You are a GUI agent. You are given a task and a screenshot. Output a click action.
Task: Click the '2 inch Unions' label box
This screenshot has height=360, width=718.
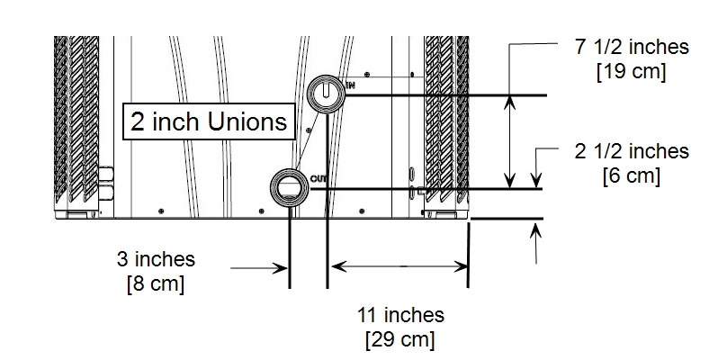(209, 121)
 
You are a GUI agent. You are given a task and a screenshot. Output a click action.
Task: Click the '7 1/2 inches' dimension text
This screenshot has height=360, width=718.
(632, 48)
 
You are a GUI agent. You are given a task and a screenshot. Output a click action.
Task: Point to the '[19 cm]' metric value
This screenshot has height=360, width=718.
(632, 72)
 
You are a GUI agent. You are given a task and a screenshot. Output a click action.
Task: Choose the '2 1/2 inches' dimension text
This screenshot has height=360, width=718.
(632, 151)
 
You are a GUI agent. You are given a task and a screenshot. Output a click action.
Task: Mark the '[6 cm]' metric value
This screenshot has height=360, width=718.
(632, 175)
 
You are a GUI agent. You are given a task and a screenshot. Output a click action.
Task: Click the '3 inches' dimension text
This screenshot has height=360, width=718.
(156, 259)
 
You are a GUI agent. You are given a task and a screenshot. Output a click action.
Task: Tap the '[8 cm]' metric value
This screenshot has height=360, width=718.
(156, 284)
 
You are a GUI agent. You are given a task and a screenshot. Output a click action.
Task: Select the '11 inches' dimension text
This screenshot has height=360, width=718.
(400, 315)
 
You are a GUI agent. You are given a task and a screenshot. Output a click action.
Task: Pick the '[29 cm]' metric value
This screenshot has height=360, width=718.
(400, 340)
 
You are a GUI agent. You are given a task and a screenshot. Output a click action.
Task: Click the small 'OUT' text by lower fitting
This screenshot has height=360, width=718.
(318, 179)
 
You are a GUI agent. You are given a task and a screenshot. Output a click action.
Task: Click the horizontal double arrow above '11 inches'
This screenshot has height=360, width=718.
(398, 265)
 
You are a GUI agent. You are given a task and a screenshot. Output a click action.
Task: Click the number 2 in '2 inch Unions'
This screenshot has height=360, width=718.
(138, 121)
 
